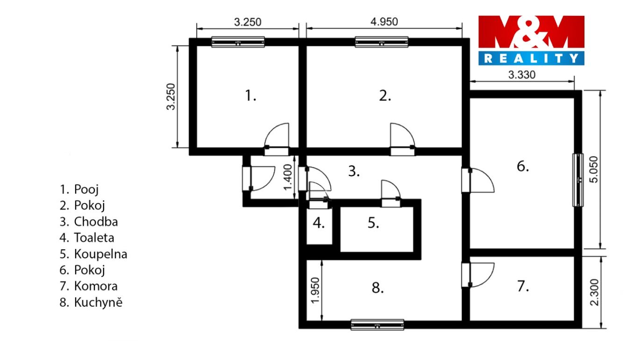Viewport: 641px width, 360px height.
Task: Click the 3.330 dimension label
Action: [521, 75]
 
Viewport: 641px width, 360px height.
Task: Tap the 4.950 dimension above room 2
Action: [384, 22]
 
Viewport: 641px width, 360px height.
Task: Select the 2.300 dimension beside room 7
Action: [594, 292]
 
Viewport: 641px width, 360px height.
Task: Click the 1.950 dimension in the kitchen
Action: [315, 290]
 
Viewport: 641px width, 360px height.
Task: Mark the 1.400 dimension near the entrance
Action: [288, 177]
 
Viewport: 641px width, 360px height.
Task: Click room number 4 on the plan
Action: [319, 223]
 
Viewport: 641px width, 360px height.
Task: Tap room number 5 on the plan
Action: [373, 223]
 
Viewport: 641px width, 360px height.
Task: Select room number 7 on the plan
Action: [523, 286]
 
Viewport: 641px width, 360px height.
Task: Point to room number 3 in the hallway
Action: [354, 171]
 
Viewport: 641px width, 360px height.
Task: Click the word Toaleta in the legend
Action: [94, 238]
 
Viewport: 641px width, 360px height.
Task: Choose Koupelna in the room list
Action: [100, 254]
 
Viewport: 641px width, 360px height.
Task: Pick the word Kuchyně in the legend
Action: [98, 302]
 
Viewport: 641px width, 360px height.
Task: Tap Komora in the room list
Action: [96, 286]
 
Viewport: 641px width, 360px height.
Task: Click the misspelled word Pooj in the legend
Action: [86, 190]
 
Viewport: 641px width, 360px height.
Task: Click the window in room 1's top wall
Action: [238, 42]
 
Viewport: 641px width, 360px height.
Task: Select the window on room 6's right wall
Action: [578, 180]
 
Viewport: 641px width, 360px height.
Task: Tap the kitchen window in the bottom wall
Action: [377, 325]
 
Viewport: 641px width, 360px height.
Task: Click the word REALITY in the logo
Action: [531, 58]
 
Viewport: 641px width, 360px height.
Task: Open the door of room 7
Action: [477, 275]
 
